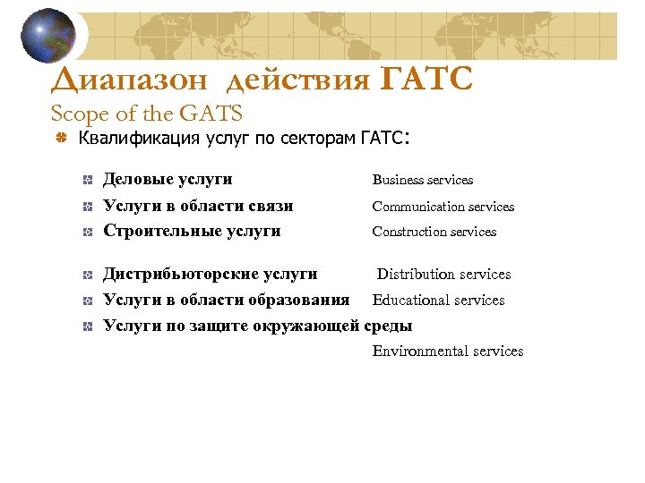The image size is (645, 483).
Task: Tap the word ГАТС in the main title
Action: [x=426, y=80]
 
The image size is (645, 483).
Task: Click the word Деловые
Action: [x=138, y=180]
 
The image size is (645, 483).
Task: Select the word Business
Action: [x=400, y=180]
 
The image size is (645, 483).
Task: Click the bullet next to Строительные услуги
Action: [x=86, y=232]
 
